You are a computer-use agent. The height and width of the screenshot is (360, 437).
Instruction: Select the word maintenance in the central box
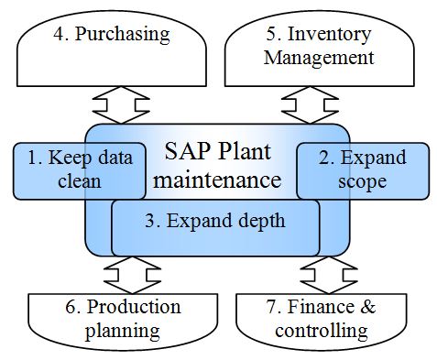click(x=217, y=180)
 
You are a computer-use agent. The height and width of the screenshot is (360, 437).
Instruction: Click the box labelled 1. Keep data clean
click(x=55, y=169)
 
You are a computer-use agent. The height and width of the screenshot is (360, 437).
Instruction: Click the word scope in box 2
click(x=367, y=181)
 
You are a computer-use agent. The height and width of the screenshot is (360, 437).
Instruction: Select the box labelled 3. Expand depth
click(x=215, y=225)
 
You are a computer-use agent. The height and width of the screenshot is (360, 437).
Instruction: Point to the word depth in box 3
click(x=260, y=221)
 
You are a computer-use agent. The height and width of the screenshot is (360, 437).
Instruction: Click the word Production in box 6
click(x=137, y=306)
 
